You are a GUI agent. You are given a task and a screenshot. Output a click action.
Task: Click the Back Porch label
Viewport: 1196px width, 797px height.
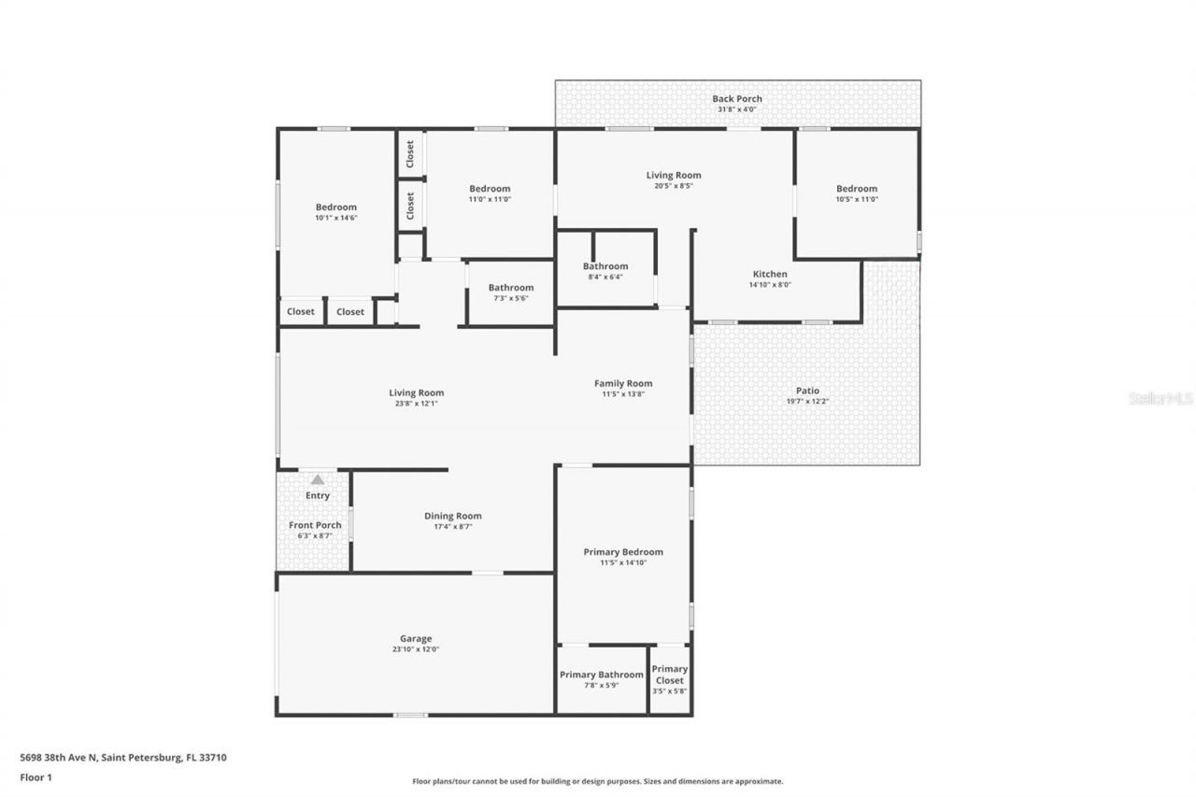737,98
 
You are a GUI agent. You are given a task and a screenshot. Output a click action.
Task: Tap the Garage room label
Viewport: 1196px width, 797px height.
416,639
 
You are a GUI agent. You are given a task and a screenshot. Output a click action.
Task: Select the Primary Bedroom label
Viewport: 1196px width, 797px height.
623,552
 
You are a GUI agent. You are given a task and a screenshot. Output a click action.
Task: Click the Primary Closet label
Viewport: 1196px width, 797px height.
669,675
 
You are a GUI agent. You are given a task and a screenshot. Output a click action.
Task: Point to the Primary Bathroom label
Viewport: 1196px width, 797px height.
601,675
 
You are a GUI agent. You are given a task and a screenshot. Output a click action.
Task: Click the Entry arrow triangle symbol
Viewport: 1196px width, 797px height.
318,479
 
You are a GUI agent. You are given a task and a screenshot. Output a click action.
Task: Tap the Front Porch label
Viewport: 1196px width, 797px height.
315,525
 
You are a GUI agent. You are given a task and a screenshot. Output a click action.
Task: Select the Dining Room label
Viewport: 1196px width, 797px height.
453,516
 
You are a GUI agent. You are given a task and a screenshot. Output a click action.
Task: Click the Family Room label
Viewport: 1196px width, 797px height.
623,383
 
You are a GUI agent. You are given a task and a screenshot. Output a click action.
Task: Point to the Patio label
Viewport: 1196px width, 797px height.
807,391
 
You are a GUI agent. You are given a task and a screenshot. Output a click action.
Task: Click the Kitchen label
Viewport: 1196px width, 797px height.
770,274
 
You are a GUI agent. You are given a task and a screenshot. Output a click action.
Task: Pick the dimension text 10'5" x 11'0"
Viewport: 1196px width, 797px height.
857,199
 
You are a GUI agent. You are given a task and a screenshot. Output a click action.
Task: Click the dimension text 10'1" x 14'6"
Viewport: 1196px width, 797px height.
335,218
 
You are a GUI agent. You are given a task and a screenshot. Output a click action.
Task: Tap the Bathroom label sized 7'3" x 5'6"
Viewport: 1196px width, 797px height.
510,288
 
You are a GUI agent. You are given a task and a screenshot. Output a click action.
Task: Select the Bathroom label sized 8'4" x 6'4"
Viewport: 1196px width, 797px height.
605,266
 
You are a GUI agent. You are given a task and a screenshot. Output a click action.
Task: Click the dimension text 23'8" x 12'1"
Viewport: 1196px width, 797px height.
417,404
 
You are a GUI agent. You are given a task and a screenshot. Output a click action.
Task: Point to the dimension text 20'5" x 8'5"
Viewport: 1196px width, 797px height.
674,186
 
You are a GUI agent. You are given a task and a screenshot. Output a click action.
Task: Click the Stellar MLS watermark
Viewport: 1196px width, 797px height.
1160,398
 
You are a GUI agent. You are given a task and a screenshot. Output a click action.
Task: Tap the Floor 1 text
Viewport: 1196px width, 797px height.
36,776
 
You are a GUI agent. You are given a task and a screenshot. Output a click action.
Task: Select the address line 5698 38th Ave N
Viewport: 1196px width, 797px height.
122,758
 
